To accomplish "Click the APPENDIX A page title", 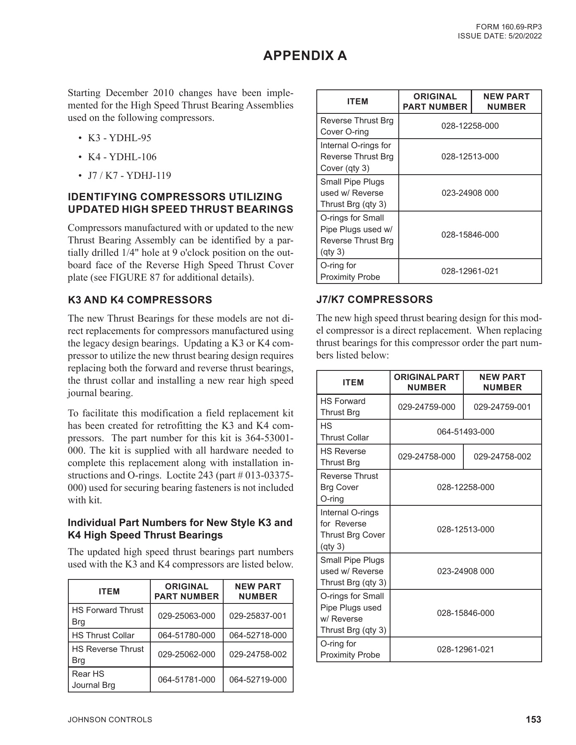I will click(305, 56).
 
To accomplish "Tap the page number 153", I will click(533, 719).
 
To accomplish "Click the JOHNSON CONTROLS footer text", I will click(110, 720).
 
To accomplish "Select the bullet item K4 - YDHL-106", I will click(122, 157).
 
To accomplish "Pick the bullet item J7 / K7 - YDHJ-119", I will click(129, 175).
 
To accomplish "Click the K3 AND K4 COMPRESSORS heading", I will click(140, 300).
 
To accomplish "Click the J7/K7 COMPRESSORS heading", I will click(374, 300).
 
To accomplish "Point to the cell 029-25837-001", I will click(258, 616).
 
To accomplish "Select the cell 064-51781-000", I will click(186, 680).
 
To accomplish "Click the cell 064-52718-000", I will click(258, 635).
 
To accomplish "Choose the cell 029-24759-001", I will click(502, 407).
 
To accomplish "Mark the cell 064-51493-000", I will click(465, 432).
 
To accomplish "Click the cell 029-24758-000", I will click(426, 457).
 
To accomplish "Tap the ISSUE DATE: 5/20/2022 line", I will click(499, 36).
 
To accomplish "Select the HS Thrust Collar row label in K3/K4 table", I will click(103, 635).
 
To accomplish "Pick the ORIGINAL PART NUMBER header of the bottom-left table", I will click(186, 591).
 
